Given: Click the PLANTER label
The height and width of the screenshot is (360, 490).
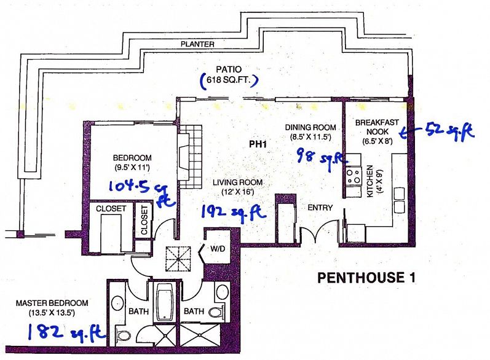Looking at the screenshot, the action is click(197, 44).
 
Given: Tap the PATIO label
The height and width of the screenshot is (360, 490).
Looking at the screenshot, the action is click(229, 69).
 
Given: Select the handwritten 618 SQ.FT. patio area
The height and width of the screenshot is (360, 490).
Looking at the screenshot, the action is click(229, 80).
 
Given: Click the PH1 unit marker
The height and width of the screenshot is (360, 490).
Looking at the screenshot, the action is click(258, 144).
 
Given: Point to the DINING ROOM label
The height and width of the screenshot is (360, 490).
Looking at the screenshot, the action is click(310, 127).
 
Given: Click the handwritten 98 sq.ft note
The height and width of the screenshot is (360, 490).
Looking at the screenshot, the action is click(322, 157).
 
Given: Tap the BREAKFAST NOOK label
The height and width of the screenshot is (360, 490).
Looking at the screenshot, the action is click(377, 127).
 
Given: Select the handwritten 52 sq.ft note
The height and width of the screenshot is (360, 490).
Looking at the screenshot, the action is click(438, 132).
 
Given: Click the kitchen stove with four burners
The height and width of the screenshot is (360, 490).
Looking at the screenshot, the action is click(353, 176).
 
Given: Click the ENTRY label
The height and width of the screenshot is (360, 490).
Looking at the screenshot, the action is click(320, 208).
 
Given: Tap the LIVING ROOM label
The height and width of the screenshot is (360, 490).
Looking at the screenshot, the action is click(238, 182).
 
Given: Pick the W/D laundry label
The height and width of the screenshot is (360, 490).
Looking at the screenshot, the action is click(218, 249).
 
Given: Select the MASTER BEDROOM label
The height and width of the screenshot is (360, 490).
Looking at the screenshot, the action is click(52, 303).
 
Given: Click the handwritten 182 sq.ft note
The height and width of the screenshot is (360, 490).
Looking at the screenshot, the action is click(66, 332).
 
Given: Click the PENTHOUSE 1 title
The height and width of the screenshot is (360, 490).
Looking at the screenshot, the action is click(366, 278).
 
